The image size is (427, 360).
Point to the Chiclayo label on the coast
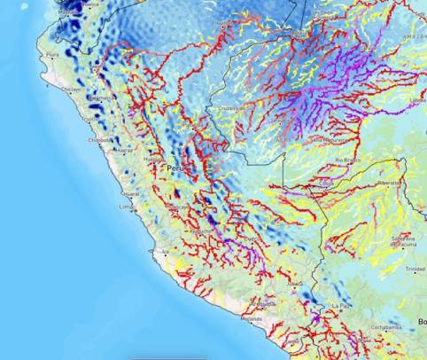70,89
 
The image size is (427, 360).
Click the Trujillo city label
89,118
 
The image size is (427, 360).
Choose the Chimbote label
100,139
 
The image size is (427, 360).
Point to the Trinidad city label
415,268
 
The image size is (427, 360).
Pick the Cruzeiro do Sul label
237,108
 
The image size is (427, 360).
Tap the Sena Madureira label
328,139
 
